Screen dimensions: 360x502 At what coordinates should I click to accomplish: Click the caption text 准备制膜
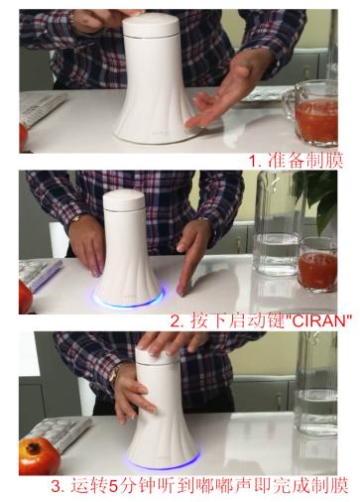click(x=305, y=161)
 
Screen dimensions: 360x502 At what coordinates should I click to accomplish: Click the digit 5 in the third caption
click(x=113, y=486)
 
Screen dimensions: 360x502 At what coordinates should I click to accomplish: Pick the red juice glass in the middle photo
click(x=317, y=265)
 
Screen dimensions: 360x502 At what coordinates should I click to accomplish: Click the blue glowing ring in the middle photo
click(x=129, y=299)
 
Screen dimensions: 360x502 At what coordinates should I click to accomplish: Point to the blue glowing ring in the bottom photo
click(x=163, y=461)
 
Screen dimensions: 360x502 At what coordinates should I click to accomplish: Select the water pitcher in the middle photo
click(x=277, y=225)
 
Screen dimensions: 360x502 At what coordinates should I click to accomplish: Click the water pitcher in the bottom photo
click(x=315, y=385)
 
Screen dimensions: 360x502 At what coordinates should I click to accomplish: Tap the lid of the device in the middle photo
click(x=124, y=201)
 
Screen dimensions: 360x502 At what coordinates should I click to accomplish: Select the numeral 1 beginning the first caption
click(x=253, y=161)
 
